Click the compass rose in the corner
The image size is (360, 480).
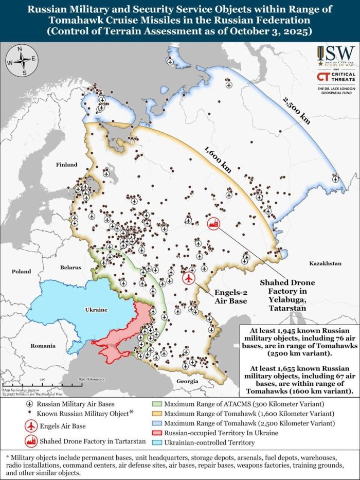pos(22,61)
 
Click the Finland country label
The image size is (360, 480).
pos(66,165)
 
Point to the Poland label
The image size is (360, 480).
pos(22,271)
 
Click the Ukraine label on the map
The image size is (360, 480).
pos(96,310)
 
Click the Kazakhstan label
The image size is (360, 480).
pos(325,263)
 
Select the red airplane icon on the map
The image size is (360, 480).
pos(189,278)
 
